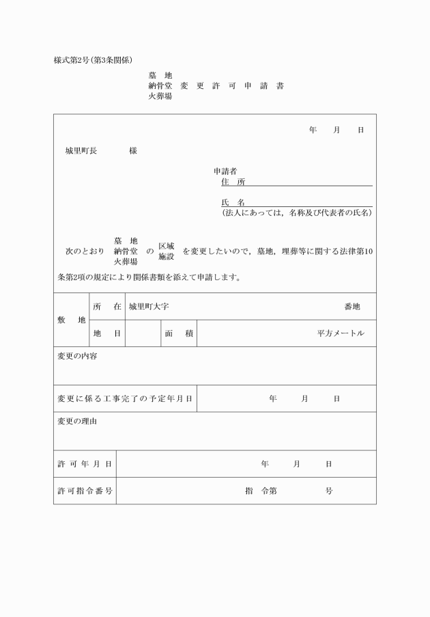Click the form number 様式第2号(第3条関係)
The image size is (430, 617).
tap(98, 60)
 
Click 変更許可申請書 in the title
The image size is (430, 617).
tap(232, 86)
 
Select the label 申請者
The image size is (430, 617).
tap(225, 171)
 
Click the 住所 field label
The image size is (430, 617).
tap(233, 182)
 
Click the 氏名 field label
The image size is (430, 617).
tap(233, 203)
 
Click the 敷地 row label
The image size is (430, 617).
tap(72, 320)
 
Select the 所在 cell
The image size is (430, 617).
tap(107, 307)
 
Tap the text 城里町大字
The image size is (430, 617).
tap(149, 307)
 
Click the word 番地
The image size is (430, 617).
tap(352, 307)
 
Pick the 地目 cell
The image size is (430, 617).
tap(107, 333)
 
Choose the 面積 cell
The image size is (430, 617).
tap(179, 333)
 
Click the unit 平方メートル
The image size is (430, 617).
tap(341, 333)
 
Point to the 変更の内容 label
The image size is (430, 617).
tap(77, 356)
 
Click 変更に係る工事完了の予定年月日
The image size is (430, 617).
tap(125, 398)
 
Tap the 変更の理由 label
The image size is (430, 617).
tap(77, 421)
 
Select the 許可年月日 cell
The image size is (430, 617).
tap(85, 464)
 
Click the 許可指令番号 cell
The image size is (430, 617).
tap(85, 491)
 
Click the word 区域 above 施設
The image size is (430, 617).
tap(167, 246)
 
